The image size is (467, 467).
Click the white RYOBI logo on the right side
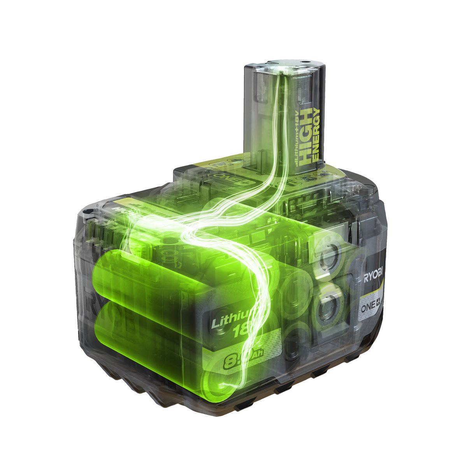pos(373,277)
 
